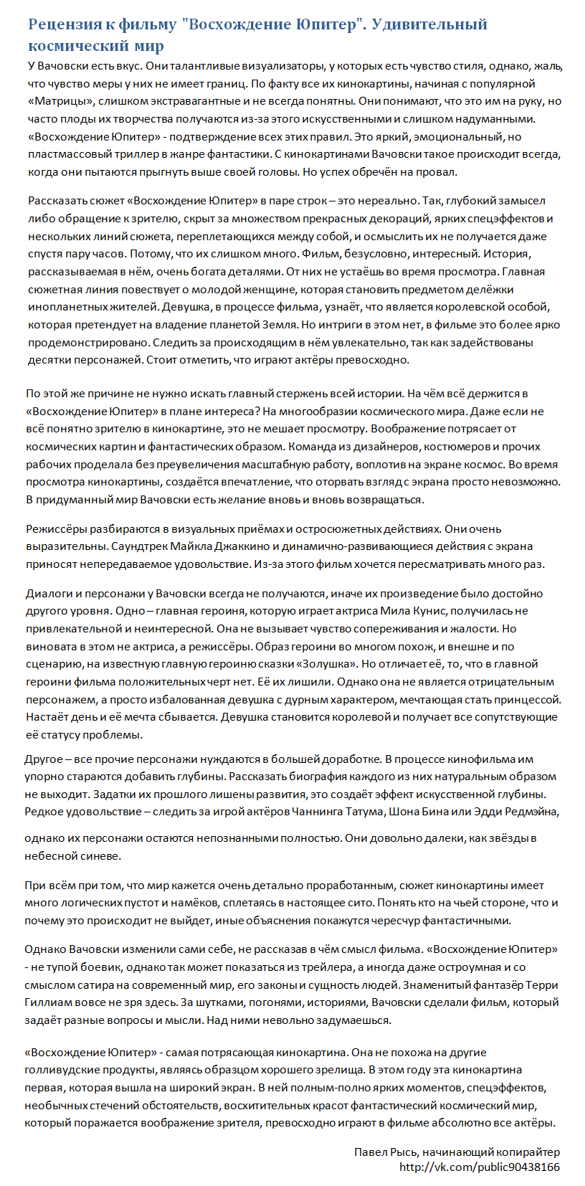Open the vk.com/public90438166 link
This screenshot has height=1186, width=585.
pos(480,1167)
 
